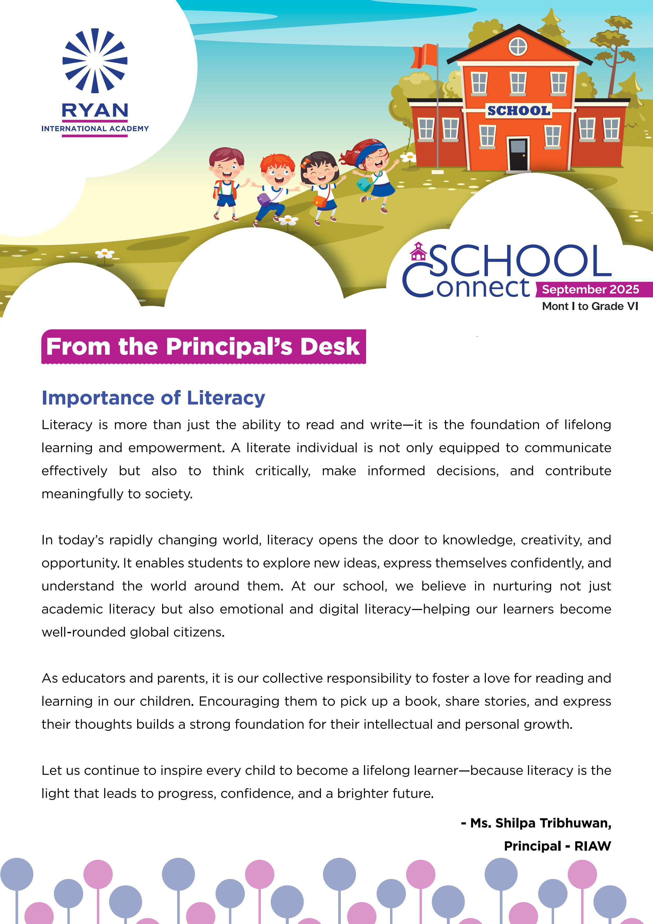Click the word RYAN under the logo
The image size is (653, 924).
pos(95,110)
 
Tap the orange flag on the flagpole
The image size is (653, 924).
pos(425,56)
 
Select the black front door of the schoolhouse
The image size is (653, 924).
pos(518,155)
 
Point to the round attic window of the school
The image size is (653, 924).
pos(518,47)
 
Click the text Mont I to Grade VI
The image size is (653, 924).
pos(590,306)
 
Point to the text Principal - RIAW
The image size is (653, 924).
pos(557,846)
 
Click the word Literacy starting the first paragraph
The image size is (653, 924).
pos(67,425)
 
